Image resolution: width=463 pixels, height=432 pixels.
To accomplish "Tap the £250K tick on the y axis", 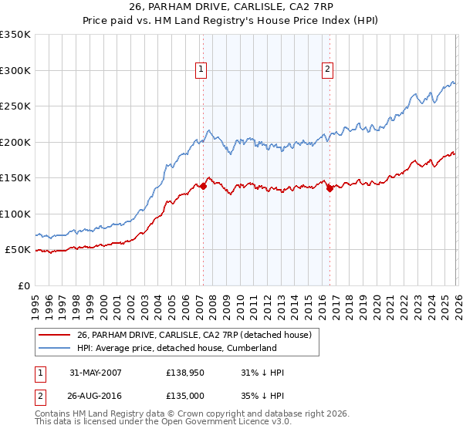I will [x=15, y=106].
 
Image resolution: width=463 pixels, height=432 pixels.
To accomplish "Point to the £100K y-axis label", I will [x=15, y=214].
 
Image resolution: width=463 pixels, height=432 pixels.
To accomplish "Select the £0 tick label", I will [x=24, y=286].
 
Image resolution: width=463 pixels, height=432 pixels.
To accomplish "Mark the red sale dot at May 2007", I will [x=204, y=186].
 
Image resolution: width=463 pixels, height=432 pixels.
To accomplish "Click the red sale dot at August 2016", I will [x=330, y=188].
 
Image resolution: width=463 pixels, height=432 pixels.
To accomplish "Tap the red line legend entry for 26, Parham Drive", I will [x=194, y=335].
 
